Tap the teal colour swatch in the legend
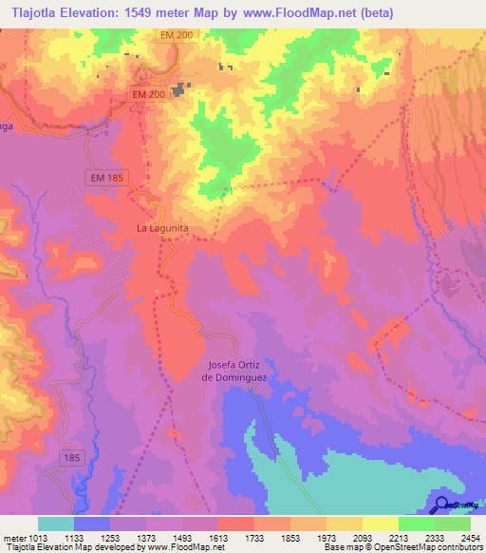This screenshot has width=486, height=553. coord(56,524)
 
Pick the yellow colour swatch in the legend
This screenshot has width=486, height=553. coord(380,524)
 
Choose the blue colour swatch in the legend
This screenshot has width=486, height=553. coord(92,524)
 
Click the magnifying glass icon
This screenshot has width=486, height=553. coord(441,505)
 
